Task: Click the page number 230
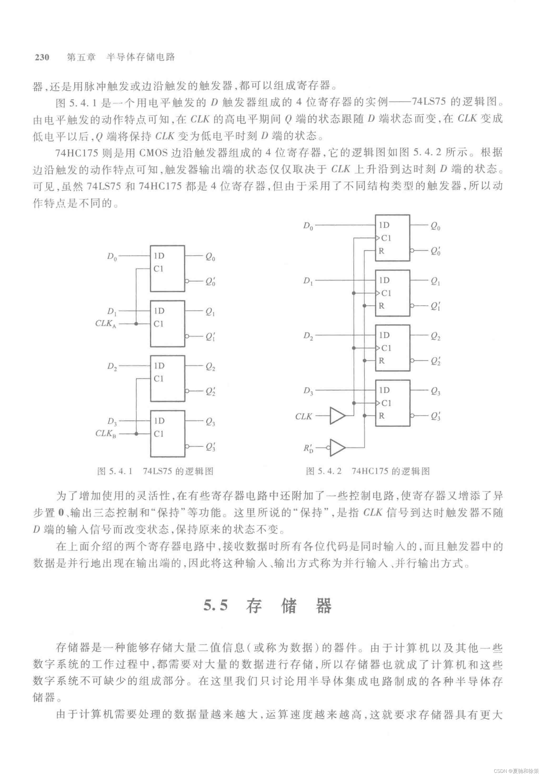pyautogui.click(x=42, y=57)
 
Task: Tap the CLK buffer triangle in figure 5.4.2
pyautogui.click(x=337, y=416)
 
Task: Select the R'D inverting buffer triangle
pyautogui.click(x=337, y=448)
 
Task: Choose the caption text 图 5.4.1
pyautogui.click(x=115, y=471)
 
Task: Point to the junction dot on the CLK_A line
pyautogui.click(x=136, y=324)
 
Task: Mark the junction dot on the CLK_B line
pyautogui.click(x=136, y=434)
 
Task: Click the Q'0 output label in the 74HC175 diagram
pyautogui.click(x=435, y=251)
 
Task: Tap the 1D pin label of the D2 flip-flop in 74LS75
pyautogui.click(x=159, y=366)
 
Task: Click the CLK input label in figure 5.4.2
pyautogui.click(x=304, y=417)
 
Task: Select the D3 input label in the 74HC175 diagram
pyautogui.click(x=308, y=391)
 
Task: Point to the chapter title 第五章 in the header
pyautogui.click(x=81, y=57)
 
